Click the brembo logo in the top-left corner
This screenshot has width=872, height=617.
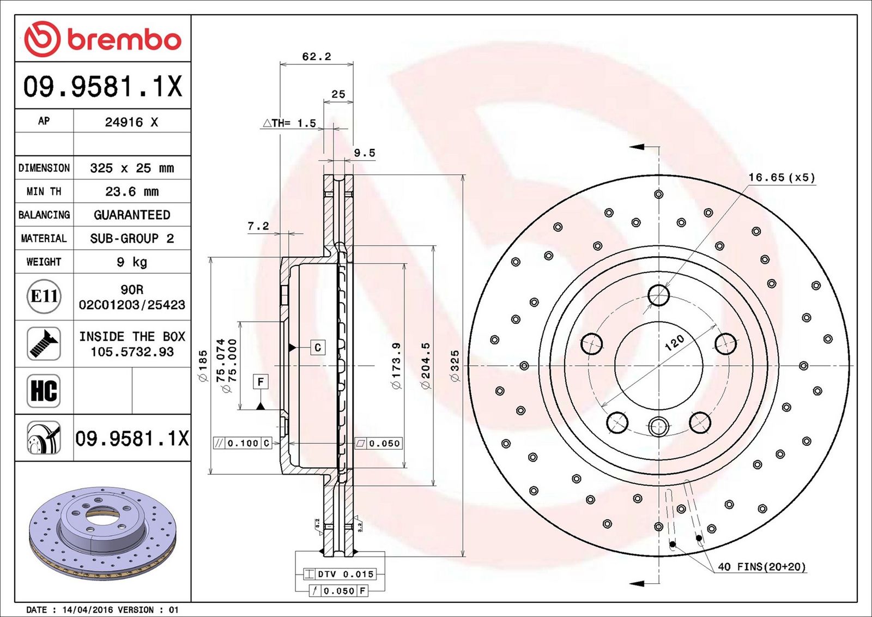(102, 39)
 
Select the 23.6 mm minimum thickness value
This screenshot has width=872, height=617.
(132, 191)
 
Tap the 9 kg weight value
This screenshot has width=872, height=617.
(132, 262)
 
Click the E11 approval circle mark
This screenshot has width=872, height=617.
(44, 297)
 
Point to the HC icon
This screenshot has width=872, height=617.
(44, 391)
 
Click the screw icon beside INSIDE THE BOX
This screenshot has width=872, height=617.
(44, 343)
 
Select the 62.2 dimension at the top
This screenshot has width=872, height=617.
(317, 57)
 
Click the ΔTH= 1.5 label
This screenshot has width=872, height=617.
(289, 123)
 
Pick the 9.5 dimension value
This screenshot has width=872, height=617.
(365, 153)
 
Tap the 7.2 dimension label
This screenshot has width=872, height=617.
(258, 226)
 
